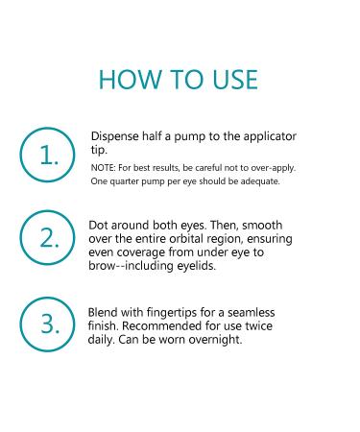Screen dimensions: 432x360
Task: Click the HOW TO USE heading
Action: point(180,78)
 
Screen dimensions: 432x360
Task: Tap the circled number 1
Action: point(48,155)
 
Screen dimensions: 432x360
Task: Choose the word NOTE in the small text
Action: point(103,167)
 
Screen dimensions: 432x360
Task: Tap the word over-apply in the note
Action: point(272,167)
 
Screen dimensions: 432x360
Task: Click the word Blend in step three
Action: point(106,314)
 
